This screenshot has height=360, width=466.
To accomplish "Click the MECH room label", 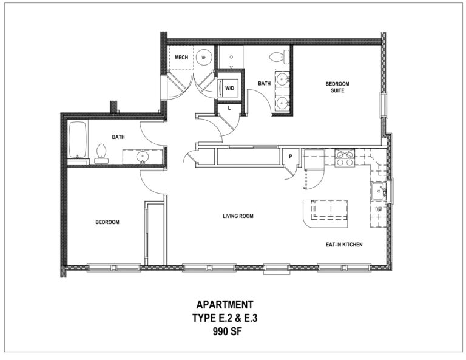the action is tap(181, 58).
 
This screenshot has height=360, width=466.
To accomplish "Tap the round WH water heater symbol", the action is tap(204, 58).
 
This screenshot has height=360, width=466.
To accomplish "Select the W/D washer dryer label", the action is tap(229, 88).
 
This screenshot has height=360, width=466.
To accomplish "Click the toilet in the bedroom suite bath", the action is tap(279, 56).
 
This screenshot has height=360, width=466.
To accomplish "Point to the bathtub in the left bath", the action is tap(78, 140).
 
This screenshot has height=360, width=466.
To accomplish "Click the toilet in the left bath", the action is tap(101, 154).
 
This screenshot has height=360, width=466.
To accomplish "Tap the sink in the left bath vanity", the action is tap(143, 157).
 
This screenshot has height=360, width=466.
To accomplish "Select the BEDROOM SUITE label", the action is tap(337, 87).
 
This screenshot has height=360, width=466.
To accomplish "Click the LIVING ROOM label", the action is tap(238, 216).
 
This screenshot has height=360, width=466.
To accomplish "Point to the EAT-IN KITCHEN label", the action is tap(344, 245).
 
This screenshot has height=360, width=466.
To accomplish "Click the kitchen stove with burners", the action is tap(345, 158).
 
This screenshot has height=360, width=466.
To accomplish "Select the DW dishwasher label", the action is tap(379, 209).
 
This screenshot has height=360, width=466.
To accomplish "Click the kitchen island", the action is tap(325, 214).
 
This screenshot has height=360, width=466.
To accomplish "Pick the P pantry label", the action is tap(291, 157).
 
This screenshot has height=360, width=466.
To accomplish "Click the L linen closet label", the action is tap(229, 109).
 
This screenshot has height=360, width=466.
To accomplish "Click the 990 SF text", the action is tap(228, 331).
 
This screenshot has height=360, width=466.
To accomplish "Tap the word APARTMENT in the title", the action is tap(225, 305).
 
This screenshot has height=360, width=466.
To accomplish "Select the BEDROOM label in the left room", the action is tap(107, 222).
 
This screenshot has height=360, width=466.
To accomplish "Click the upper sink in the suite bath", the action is tap(282, 80).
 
